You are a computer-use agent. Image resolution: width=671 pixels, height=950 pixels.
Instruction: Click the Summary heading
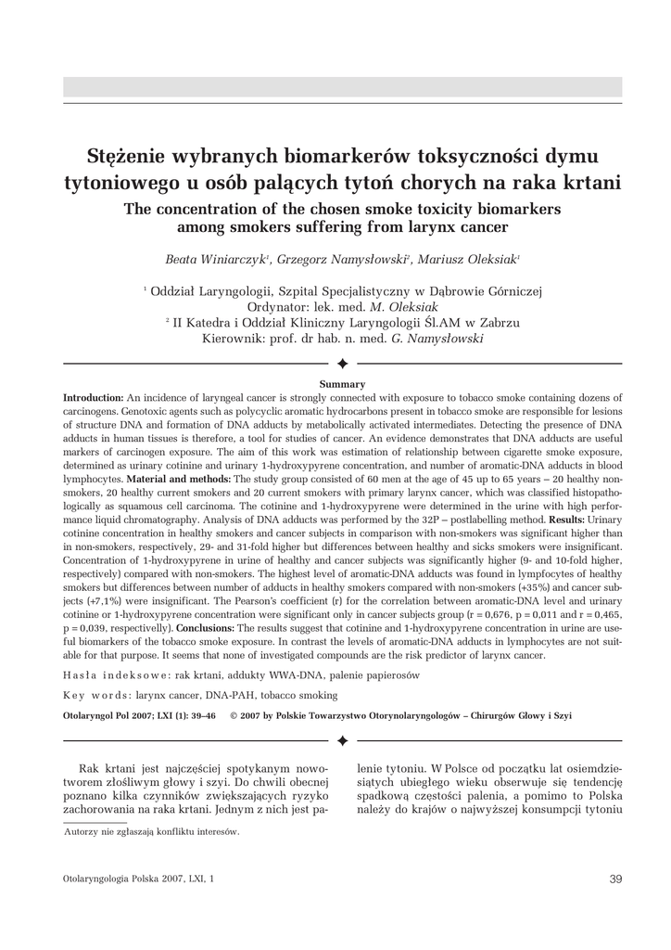[x=342, y=384]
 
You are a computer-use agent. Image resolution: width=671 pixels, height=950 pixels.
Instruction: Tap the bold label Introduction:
[x=94, y=397]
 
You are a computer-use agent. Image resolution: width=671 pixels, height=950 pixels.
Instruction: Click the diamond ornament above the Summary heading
[x=342, y=363]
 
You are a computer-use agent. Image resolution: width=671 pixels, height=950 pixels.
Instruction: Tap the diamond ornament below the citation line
[x=342, y=740]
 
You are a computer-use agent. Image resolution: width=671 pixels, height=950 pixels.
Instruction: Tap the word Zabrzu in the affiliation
[x=496, y=323]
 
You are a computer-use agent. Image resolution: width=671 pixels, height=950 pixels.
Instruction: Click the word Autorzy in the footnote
[x=82, y=831]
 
